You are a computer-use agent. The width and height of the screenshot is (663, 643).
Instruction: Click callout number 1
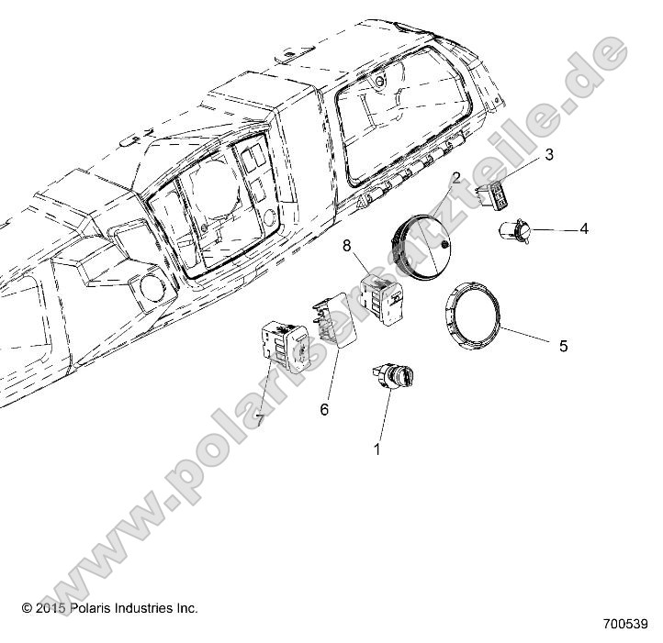(376, 450)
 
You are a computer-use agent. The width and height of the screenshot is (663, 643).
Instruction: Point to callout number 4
(583, 228)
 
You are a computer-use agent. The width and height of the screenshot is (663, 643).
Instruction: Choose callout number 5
(564, 346)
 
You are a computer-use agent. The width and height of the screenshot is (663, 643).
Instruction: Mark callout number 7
(260, 420)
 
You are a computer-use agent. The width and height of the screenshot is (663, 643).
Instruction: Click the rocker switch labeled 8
(380, 301)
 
